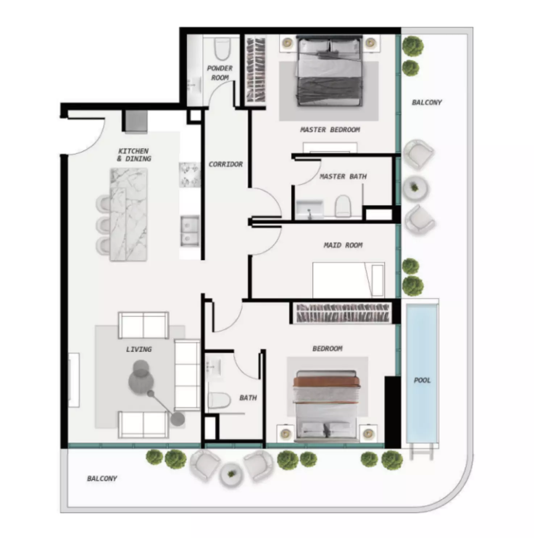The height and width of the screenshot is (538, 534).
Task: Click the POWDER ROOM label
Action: (x=220, y=73)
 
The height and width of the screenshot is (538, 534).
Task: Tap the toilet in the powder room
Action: (x=222, y=49)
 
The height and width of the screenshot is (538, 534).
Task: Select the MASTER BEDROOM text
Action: (x=330, y=130)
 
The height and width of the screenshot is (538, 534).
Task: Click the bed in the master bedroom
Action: (x=329, y=71)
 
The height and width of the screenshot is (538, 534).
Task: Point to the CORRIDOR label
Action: (x=225, y=164)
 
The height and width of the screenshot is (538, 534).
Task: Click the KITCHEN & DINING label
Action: (x=134, y=155)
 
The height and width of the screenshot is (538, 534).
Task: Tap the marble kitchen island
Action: (x=129, y=214)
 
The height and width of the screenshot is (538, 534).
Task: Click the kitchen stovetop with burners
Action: (x=189, y=175)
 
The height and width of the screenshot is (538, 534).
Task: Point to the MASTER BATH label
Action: (x=343, y=177)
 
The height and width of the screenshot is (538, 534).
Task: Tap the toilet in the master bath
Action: (x=343, y=206)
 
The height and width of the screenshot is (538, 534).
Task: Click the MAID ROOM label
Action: (x=343, y=245)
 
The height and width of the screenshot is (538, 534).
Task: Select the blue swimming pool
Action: (x=422, y=373)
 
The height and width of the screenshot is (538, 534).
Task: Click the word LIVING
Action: (x=139, y=349)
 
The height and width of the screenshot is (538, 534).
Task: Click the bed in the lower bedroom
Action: (x=328, y=406)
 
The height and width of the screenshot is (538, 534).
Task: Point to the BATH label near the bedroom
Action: (x=248, y=398)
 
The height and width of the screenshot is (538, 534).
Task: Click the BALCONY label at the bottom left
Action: (x=102, y=478)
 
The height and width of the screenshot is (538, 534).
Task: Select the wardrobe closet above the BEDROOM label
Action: (x=343, y=313)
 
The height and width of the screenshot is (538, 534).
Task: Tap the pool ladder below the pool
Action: (x=422, y=451)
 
